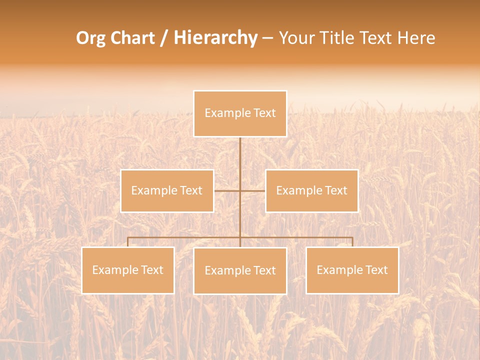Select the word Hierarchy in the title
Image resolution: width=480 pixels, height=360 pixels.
point(215,38)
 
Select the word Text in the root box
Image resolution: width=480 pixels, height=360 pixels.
point(264,113)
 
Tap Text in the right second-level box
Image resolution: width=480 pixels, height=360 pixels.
point(336,190)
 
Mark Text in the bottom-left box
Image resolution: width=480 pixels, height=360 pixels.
point(152,270)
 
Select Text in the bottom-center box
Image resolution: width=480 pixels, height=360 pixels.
point(264,270)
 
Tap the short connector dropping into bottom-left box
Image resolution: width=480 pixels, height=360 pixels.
point(127,242)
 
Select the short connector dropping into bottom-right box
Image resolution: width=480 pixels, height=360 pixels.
point(352,242)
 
